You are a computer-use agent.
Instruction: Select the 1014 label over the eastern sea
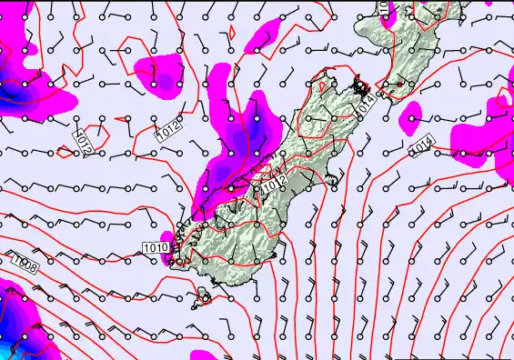[420, 145]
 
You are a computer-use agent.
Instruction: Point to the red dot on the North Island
[398, 85]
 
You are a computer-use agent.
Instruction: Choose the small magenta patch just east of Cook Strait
[412, 115]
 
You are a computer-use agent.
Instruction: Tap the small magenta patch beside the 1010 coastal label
[166, 258]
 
